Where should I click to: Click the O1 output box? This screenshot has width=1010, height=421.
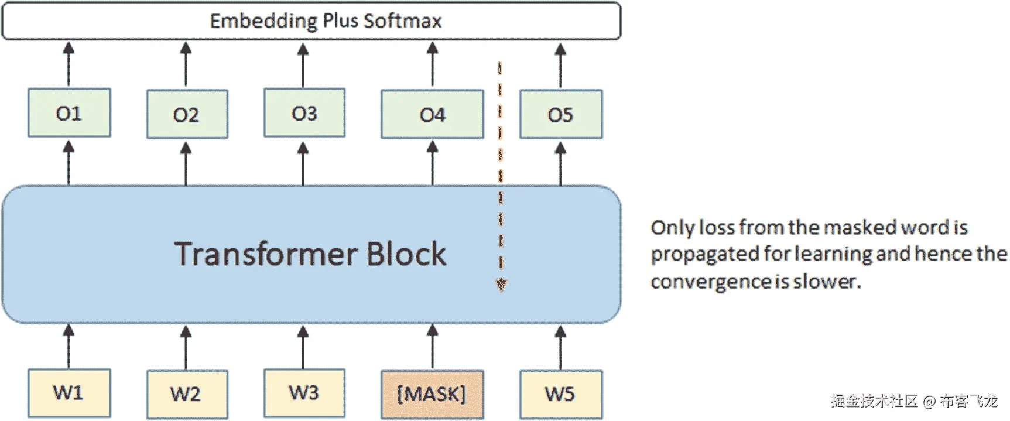69,113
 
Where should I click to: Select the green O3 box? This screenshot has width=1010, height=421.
304,113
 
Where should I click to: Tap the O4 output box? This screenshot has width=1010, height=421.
432,114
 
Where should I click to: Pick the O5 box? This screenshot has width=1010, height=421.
560,114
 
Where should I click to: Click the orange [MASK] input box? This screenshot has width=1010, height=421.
432,394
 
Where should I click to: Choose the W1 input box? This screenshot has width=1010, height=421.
69,393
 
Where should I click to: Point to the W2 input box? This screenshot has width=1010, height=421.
186,394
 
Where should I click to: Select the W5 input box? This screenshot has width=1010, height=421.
560,394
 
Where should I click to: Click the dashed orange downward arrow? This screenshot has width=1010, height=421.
500,176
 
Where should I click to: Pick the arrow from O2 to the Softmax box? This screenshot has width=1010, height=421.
186,64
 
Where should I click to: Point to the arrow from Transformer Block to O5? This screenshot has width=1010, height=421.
560,164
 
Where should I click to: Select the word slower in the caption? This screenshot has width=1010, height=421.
827,282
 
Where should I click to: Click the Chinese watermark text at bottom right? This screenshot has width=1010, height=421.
914,401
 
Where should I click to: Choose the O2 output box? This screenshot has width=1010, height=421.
186,114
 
